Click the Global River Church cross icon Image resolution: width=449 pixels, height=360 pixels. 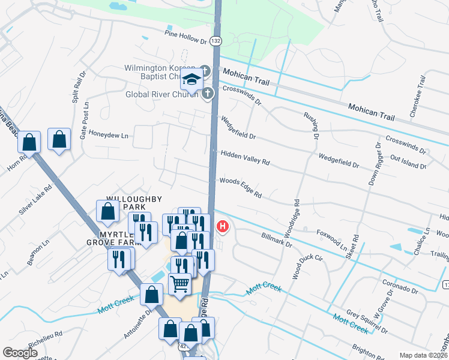pos(207,93)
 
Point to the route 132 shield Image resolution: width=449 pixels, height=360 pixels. pos(216,41)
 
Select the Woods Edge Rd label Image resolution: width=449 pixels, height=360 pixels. pos(241,187)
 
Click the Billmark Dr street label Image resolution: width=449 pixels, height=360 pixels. pos(277,240)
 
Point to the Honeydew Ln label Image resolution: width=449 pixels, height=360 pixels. pos(109,136)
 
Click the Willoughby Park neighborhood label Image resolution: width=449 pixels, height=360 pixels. pos(126,202)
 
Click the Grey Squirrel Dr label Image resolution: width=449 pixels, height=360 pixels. pos(367,322)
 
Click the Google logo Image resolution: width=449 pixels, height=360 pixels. pos(20,352)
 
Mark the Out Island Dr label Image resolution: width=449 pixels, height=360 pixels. pos(408,161)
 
